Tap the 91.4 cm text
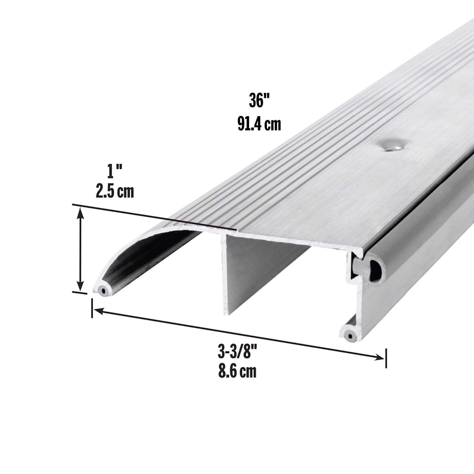(259, 124)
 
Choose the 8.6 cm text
(237, 372)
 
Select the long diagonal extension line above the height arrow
(155, 216)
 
